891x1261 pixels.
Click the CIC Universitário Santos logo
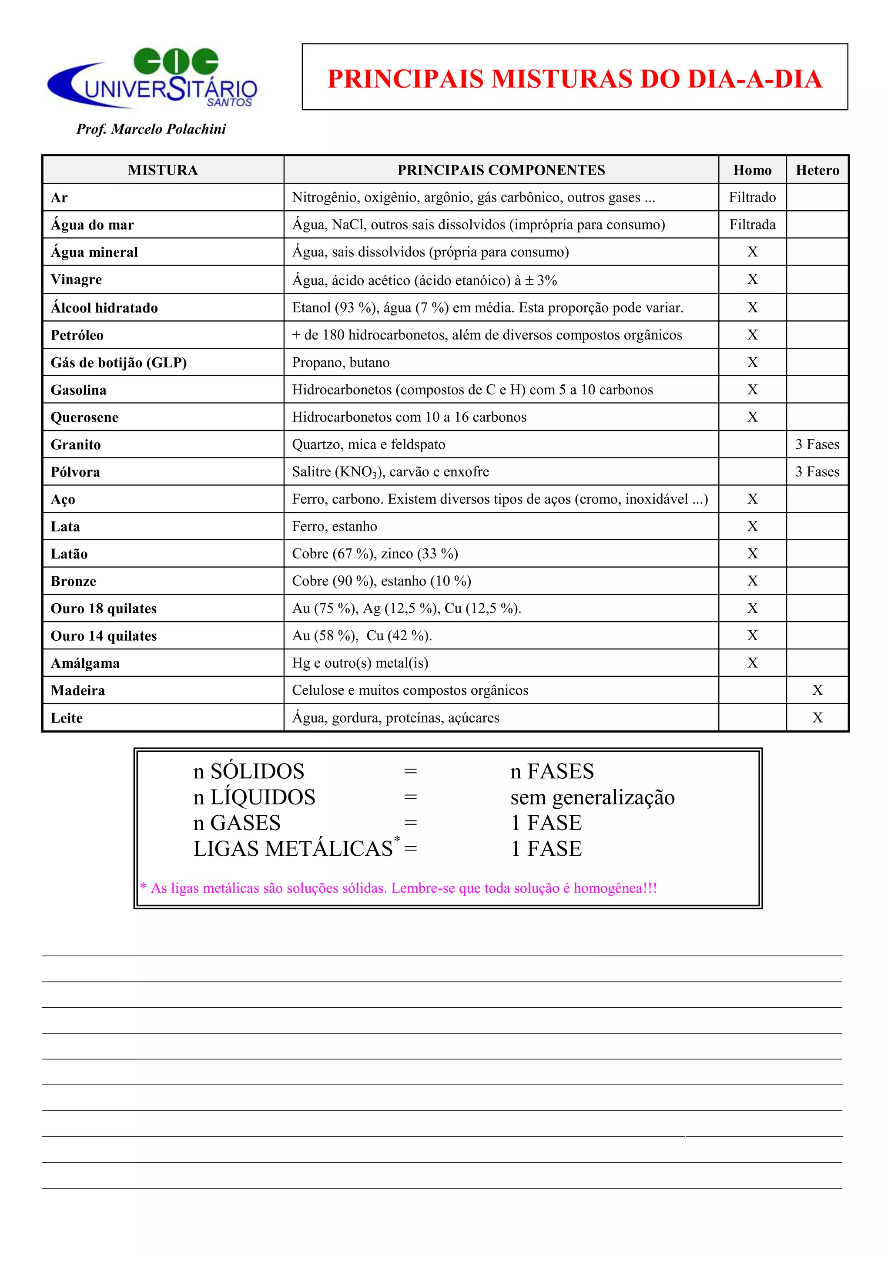pos(153,78)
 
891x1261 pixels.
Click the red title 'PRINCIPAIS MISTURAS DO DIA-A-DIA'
pos(574,78)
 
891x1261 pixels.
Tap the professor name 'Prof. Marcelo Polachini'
pos(151,129)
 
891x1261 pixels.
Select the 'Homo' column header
pos(752,170)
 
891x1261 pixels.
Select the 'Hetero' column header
pos(817,170)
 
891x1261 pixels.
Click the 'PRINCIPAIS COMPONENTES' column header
pos(501,170)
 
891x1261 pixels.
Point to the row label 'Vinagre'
pos(76,279)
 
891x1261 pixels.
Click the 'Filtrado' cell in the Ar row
pos(752,197)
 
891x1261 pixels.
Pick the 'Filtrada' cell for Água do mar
pos(752,225)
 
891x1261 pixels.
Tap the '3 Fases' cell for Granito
pos(817,444)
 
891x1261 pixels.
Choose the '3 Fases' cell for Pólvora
pos(817,472)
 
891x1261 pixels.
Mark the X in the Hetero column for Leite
pos(817,718)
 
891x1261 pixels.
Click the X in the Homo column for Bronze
pos(752,581)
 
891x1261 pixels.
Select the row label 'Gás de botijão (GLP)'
pos(119,363)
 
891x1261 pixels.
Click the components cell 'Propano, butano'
pos(340,363)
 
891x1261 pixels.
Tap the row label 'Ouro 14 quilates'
pos(104,636)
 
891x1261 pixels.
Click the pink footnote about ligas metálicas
pos(399,888)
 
